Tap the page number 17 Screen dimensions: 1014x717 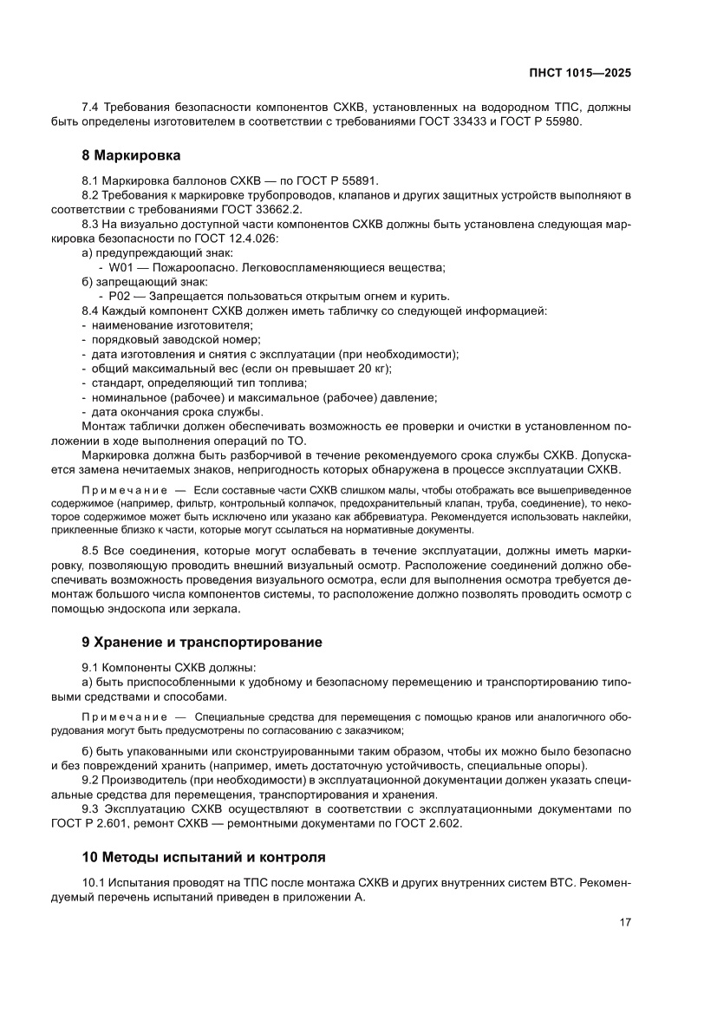(624, 922)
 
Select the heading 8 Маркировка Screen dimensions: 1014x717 (131, 156)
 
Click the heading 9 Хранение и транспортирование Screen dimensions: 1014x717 (201, 643)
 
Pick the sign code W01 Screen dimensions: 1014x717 (121, 267)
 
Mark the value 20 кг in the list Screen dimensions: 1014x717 (370, 368)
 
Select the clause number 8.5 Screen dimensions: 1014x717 (91, 551)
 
